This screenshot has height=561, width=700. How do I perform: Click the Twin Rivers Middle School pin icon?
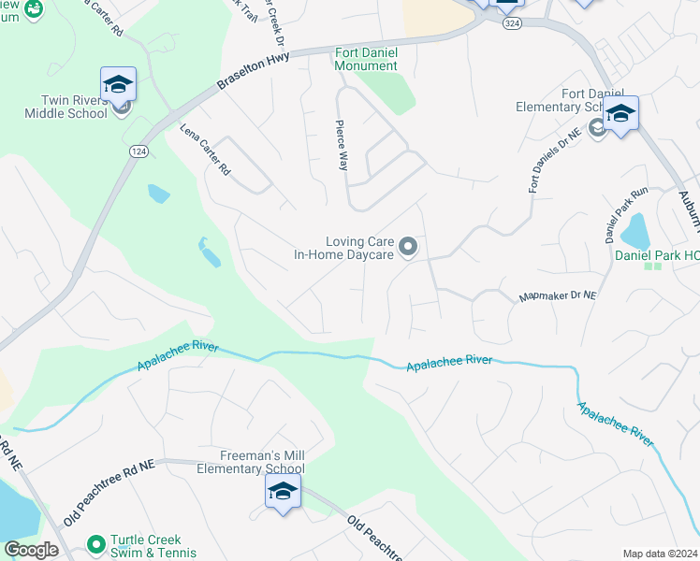tap(119, 85)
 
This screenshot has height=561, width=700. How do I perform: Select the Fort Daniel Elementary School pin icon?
tap(620, 115)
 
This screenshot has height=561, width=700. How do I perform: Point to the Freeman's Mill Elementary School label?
tap(250, 462)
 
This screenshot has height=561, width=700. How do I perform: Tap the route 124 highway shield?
tap(138, 151)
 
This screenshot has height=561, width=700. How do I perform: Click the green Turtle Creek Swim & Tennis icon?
tap(95, 542)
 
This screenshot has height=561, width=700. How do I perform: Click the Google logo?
tap(31, 550)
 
